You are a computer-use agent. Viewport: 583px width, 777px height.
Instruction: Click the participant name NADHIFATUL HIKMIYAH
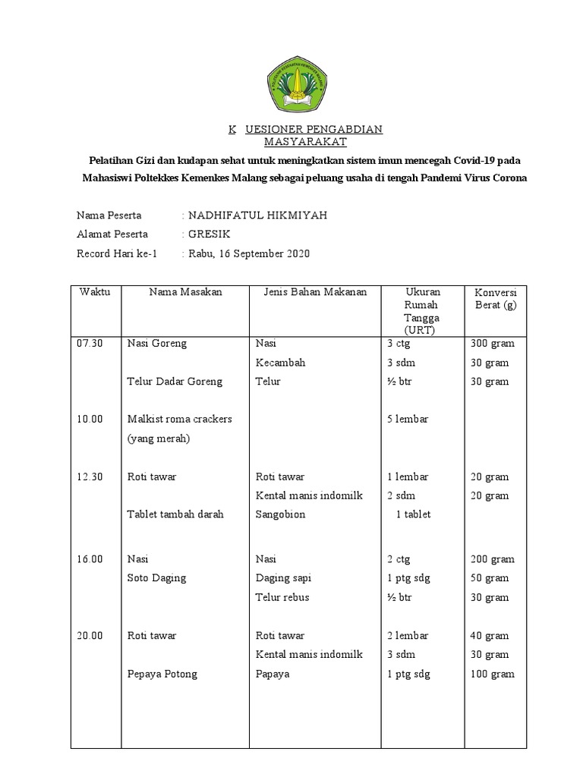tap(257, 215)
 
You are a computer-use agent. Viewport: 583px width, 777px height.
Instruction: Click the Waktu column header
tap(95, 293)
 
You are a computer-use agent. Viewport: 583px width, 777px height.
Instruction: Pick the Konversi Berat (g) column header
tap(496, 299)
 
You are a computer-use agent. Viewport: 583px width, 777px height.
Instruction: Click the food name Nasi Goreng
tap(157, 344)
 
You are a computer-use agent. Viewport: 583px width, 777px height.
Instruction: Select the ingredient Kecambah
tap(281, 363)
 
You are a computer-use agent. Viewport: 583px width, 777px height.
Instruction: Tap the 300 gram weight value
tap(493, 344)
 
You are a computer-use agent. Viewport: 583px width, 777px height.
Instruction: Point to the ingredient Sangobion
tap(281, 514)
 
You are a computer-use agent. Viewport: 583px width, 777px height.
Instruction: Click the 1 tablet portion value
tap(413, 514)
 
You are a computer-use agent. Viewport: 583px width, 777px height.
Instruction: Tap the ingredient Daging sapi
tap(284, 578)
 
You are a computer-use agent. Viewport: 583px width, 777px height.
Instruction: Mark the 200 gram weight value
tap(493, 559)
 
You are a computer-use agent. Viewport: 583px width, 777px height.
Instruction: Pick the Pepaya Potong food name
tap(162, 675)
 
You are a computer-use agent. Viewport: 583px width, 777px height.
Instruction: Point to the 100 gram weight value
tap(493, 675)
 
